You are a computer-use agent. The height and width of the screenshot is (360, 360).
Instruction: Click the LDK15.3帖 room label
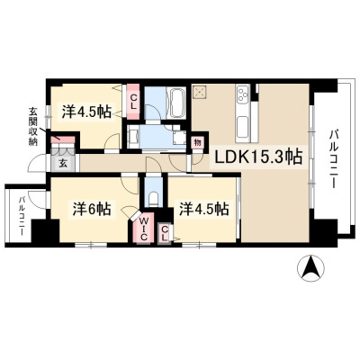coord(257,157)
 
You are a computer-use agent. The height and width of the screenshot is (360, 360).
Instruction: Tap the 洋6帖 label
coord(92,209)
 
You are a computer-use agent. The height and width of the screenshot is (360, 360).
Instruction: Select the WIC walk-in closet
coord(144,228)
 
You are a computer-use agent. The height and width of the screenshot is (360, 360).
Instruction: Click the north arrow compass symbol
coord(310,268)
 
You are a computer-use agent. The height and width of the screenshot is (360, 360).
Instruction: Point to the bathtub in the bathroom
coord(178,103)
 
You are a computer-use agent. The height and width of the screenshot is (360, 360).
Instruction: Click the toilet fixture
coord(153,199)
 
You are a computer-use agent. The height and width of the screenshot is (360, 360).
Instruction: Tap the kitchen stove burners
coord(242,94)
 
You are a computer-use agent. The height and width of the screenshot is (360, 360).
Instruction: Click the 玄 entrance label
coord(62,163)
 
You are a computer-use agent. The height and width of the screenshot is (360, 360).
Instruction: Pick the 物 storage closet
coord(197,141)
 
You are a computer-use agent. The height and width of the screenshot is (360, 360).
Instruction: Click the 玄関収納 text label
coord(32,126)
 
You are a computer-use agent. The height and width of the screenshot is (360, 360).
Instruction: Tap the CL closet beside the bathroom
coord(133,102)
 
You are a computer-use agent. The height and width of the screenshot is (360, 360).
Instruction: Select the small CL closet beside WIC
coord(165,233)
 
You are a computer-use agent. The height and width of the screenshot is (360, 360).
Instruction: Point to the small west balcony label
coord(22,215)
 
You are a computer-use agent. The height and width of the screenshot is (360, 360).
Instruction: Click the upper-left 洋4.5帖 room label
coord(86,112)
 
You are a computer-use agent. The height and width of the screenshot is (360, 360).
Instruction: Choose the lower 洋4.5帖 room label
coord(204,209)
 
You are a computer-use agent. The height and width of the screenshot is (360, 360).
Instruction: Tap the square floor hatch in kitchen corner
coord(199,92)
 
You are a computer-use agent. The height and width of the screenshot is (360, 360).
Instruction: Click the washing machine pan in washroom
coord(179,137)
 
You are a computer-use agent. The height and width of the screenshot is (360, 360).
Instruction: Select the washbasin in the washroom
coord(133,137)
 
